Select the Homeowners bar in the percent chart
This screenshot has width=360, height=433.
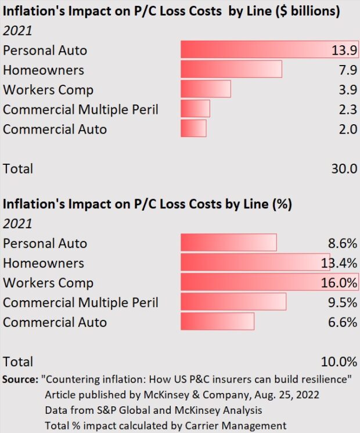[255, 262]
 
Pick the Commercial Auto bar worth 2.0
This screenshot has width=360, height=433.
[193, 128]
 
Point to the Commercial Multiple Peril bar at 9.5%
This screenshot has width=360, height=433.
[233, 302]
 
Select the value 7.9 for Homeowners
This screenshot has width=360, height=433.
[347, 70]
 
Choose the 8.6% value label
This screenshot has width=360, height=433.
[341, 243]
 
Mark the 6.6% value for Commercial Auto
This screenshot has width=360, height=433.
[341, 322]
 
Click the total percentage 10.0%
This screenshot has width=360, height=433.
[339, 362]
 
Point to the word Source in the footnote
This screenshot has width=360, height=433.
[20, 379]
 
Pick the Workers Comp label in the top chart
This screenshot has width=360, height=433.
[48, 89]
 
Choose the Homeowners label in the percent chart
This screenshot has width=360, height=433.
[44, 262]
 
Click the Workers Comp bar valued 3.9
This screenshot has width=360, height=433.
[206, 89]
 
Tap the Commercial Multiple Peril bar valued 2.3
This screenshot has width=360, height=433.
[195, 109]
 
